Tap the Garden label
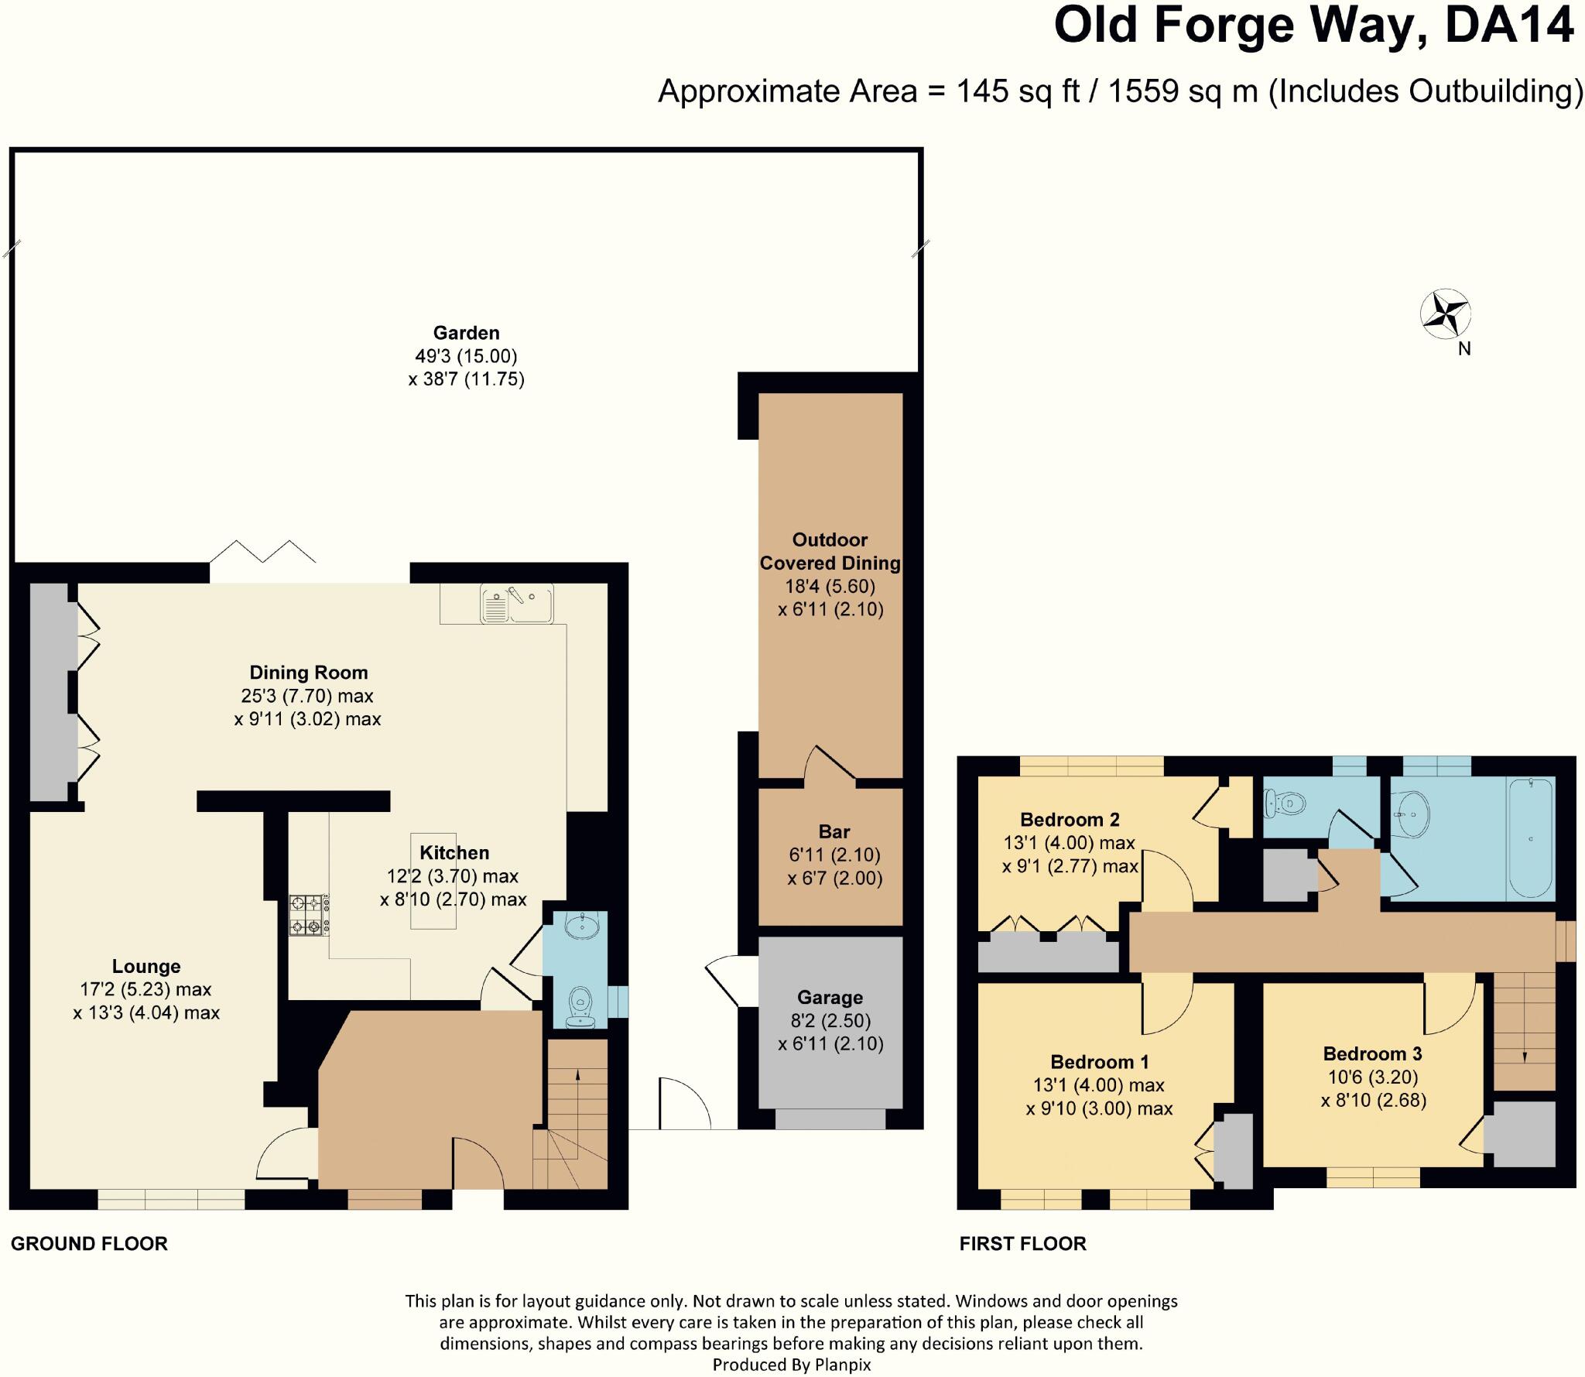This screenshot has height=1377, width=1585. pyautogui.click(x=466, y=333)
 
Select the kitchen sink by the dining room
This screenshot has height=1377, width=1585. pyautogui.click(x=516, y=604)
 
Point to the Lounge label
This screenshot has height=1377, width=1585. pyautogui.click(x=146, y=966)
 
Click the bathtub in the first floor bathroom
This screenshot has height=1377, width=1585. pyautogui.click(x=1530, y=839)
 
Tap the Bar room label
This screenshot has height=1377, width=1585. pyautogui.click(x=834, y=832)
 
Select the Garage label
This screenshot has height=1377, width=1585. pyautogui.click(x=830, y=998)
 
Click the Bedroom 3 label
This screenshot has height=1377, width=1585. pyautogui.click(x=1372, y=1053)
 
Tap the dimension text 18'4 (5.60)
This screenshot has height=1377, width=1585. pyautogui.click(x=830, y=586)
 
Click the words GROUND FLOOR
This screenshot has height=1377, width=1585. pyautogui.click(x=89, y=1244)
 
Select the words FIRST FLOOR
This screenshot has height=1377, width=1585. pyautogui.click(x=1022, y=1244)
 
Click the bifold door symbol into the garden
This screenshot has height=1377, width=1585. pyautogui.click(x=263, y=551)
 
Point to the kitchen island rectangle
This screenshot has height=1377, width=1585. pyautogui.click(x=433, y=882)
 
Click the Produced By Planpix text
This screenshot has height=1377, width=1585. pyautogui.click(x=791, y=1365)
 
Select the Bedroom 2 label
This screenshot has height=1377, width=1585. pyautogui.click(x=1070, y=819)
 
